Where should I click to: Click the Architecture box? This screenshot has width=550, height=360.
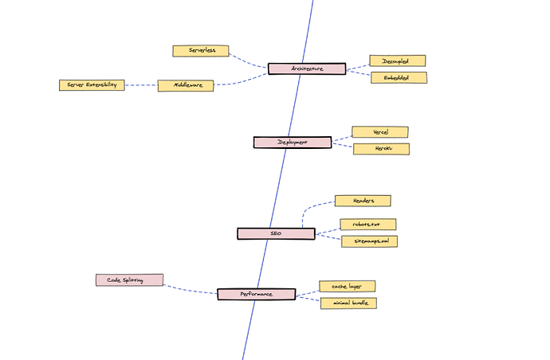pos(307,68)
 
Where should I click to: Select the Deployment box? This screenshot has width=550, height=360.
pos(292,142)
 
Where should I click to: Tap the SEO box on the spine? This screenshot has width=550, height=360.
pos(275,233)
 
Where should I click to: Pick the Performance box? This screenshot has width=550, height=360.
pos(256,293)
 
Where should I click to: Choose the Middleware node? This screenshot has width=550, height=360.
pos(185,85)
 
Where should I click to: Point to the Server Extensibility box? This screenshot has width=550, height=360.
pos(92,85)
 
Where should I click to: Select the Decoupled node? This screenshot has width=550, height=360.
pos(397,61)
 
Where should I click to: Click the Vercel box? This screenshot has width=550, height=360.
pos(379,131)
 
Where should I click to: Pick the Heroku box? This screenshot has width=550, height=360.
pos(381,149)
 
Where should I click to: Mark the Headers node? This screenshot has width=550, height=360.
pos(363,201)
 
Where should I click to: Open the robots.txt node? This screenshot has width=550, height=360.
pos(367,225)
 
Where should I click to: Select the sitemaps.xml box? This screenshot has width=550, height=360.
pos(370,241)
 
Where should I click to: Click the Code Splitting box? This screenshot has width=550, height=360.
pos(129,280)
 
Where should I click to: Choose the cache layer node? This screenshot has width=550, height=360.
pos(347,285)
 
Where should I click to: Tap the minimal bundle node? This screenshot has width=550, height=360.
pos(348,303)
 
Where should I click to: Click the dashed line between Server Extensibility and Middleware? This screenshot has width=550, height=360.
pos(141,85)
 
